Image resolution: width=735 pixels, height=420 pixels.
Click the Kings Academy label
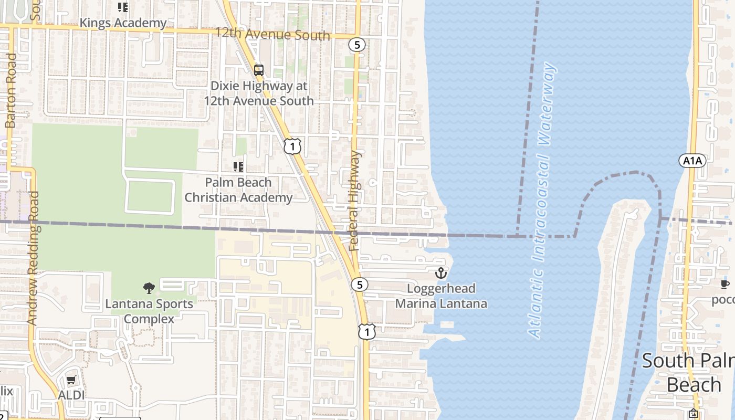123,23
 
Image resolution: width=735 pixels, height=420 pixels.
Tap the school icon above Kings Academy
123,7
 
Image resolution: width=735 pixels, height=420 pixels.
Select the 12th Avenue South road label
272,35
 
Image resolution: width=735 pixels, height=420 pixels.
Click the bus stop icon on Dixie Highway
258,70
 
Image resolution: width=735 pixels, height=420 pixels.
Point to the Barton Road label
10,90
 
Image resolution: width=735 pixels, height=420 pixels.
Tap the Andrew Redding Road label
33,258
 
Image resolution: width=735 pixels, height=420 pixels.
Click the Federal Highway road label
355,201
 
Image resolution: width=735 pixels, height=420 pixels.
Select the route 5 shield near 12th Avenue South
357,45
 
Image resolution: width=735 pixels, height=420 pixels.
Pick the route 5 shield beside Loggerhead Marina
360,285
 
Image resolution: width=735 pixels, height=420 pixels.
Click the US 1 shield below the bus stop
292,146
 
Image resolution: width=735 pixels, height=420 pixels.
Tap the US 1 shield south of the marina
367,331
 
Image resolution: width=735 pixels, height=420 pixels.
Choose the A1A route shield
692,161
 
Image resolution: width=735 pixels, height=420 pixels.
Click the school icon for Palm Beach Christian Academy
238,167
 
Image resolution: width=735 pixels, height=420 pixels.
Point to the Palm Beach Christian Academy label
238,190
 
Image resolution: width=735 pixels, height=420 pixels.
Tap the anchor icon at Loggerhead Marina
441,273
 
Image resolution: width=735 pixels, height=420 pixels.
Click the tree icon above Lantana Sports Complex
149,288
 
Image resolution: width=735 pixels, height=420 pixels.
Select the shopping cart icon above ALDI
71,380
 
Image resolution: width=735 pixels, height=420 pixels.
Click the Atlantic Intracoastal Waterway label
542,199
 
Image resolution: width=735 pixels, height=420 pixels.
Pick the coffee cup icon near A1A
724,284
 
